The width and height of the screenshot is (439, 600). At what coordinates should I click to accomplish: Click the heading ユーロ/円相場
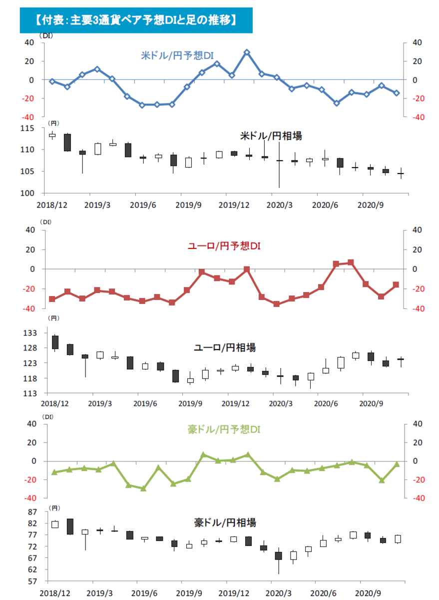point(225,347)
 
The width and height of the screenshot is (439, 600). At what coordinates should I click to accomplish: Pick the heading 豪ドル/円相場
point(225,522)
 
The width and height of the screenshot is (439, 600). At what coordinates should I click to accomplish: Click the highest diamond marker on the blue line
point(247,52)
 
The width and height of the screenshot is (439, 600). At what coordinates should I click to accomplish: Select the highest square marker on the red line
point(351,262)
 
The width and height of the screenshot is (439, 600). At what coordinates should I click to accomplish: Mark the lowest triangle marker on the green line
point(143,488)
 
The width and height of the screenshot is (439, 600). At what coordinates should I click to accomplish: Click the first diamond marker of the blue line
point(52,81)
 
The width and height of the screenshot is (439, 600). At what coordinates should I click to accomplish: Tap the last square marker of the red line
point(396,284)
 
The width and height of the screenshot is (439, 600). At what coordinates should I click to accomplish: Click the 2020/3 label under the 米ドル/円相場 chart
point(277,205)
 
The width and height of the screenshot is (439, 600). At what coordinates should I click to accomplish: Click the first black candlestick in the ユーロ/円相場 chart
point(55,342)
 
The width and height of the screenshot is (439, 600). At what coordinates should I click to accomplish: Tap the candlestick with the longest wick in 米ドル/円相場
point(280,160)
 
